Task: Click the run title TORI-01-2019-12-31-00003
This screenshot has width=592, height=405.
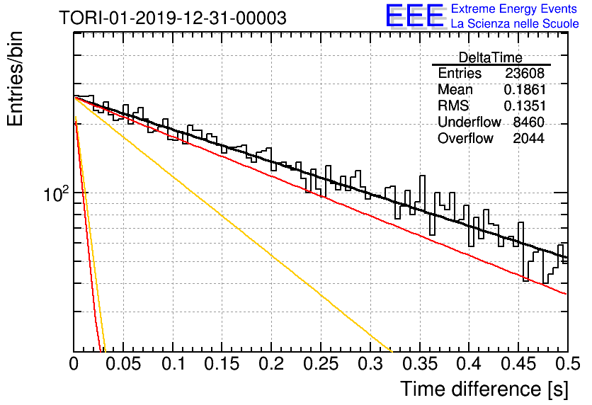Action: pos(173,18)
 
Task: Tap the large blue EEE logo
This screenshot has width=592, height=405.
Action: pos(415,16)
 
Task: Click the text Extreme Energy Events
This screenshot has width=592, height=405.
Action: pos(514,8)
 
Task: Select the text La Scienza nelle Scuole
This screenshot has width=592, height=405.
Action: pos(515,23)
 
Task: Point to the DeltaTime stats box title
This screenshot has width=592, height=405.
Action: pos(491,57)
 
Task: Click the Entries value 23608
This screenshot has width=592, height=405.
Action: pos(525,73)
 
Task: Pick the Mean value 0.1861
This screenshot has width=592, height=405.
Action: pos(525,89)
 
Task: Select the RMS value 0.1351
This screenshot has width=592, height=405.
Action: pos(525,105)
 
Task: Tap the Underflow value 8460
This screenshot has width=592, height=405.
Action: pos(528,122)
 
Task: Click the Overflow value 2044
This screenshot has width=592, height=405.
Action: pos(528,138)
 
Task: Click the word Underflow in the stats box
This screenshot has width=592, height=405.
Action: pos(469,122)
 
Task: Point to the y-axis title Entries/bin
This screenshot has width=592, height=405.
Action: pos(15,79)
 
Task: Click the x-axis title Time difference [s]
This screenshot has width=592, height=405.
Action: pos(484,389)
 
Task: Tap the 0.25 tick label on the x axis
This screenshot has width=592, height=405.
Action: pos(321,364)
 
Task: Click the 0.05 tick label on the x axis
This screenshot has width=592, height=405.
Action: pos(123,364)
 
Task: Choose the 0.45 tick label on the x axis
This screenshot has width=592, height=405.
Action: pos(518,364)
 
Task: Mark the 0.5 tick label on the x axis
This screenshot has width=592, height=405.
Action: pos(567,364)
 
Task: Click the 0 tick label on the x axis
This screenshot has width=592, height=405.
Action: pos(74,364)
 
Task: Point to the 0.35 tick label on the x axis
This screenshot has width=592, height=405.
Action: pos(419,364)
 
